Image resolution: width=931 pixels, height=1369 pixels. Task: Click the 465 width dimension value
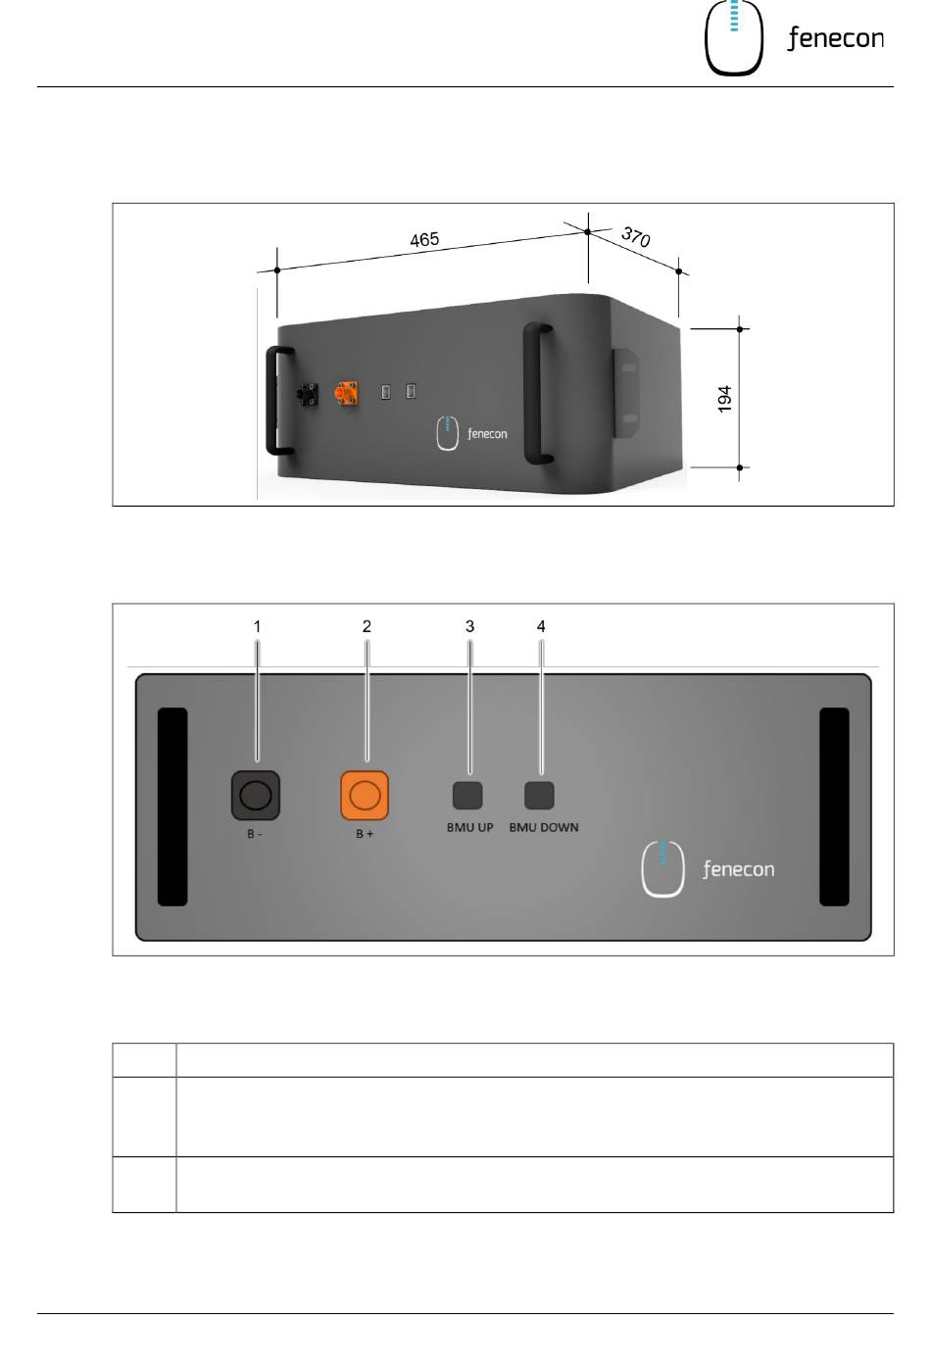424,240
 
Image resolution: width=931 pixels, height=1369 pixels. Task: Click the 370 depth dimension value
636,237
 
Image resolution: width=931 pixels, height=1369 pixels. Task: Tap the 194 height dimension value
725,399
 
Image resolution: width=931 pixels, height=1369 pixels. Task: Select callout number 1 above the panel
258,626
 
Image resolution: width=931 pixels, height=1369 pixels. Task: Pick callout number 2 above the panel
367,626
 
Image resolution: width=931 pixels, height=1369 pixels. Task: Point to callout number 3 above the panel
469,626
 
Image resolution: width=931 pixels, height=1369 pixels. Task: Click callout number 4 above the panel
541,626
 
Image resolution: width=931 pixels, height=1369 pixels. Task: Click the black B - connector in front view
255,795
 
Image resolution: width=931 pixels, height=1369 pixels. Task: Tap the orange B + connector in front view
365,795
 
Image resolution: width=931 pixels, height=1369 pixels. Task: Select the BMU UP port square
467,795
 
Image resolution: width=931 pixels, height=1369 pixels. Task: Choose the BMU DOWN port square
539,795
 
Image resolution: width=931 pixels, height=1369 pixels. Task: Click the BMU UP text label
470,828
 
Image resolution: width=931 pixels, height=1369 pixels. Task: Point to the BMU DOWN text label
544,828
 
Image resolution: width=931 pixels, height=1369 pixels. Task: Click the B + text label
365,834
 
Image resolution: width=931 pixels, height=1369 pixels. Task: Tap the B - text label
254,834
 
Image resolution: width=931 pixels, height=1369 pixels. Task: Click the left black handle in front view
172,807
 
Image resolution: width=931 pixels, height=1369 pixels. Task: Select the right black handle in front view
834,807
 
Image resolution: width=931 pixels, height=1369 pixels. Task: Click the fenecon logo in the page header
794,39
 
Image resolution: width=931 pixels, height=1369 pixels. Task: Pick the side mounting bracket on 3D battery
626,393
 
